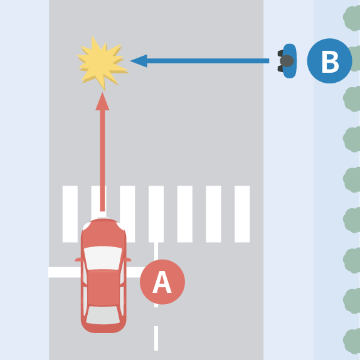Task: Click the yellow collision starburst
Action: (x=100, y=61)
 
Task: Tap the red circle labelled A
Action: (x=162, y=282)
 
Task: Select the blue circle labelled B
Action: (x=329, y=61)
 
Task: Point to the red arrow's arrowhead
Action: (x=102, y=102)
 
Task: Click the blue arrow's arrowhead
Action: (x=139, y=61)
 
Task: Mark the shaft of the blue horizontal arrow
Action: (x=207, y=61)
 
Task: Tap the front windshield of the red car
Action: (x=103, y=257)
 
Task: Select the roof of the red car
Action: (x=103, y=287)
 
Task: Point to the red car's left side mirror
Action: (x=78, y=259)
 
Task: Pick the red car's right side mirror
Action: (x=127, y=259)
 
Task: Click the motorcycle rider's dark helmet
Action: (x=287, y=61)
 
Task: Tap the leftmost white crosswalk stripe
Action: (x=70, y=213)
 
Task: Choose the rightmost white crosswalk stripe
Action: (x=242, y=213)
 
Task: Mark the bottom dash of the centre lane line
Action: (x=156, y=338)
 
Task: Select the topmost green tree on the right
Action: (x=353, y=18)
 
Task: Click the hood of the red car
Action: (x=103, y=234)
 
